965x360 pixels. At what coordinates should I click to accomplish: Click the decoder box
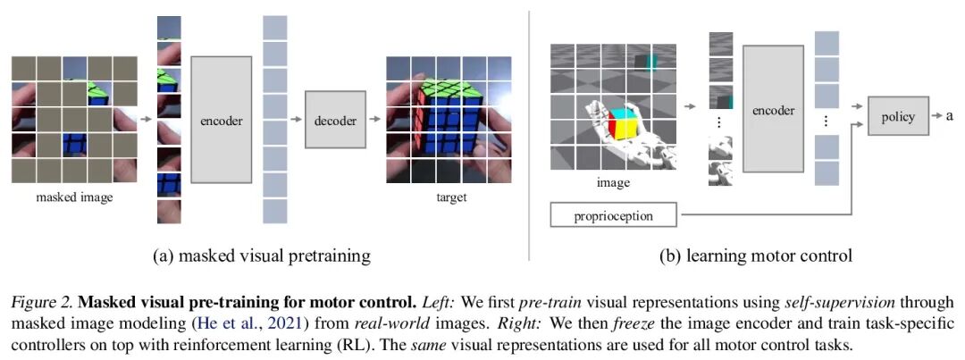(x=335, y=121)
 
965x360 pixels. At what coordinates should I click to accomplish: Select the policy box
(x=898, y=117)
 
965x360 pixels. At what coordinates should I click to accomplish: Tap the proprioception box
(x=613, y=215)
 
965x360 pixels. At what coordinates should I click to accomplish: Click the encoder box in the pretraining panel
(x=221, y=120)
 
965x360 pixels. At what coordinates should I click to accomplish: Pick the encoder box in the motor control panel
(x=773, y=111)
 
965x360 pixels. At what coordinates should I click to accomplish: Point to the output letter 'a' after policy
(x=951, y=117)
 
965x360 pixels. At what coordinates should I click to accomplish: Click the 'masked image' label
(x=75, y=197)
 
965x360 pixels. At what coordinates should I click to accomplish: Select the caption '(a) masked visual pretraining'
(x=262, y=256)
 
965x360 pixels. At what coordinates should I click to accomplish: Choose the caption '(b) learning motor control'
(x=755, y=256)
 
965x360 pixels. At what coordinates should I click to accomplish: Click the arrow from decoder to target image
(x=374, y=121)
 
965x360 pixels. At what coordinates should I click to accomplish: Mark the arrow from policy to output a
(x=934, y=117)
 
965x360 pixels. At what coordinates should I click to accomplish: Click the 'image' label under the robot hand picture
(x=613, y=182)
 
